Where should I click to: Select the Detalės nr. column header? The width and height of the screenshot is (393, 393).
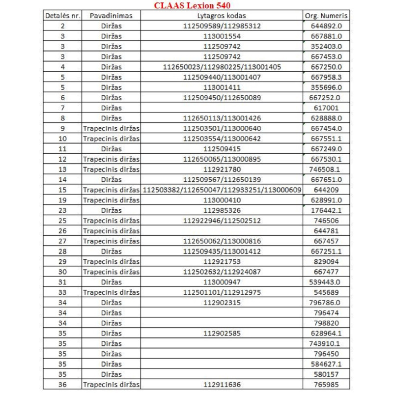[62, 16]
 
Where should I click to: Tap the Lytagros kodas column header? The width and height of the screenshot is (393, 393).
[222, 16]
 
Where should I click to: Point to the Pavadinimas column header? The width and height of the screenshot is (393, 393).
[111, 16]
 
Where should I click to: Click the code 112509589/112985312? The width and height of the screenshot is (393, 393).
[222, 26]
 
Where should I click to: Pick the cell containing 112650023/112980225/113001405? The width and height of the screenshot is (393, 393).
[222, 67]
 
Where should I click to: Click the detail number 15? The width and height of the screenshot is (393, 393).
[62, 190]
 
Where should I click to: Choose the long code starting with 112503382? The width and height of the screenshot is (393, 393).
[222, 190]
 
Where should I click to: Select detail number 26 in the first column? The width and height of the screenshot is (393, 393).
[62, 231]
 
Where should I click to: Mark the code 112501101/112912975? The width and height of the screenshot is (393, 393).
[222, 292]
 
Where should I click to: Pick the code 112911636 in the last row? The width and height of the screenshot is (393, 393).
[222, 384]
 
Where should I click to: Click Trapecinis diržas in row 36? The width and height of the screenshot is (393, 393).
[111, 384]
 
